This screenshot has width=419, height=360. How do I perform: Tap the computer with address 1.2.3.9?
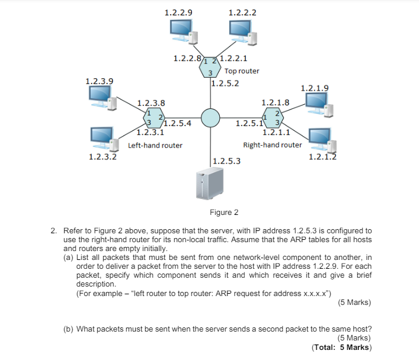[101, 98]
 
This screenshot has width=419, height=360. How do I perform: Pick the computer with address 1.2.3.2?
[103, 139]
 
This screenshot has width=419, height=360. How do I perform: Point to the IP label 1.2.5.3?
[226, 160]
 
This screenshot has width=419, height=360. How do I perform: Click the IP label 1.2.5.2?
[225, 83]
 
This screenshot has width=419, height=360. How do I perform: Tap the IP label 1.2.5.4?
[177, 124]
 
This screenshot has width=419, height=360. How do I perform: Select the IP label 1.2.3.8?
[151, 102]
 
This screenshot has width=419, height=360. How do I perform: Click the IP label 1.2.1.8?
[275, 102]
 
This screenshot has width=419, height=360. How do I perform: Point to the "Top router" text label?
[242, 71]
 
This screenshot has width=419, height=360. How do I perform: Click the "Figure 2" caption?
[224, 213]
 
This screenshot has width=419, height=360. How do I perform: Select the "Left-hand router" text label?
[155, 145]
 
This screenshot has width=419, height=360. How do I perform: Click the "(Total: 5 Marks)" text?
[341, 348]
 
